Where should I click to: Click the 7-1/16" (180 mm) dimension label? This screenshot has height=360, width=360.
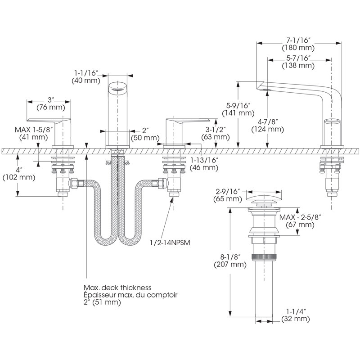[x=298, y=44]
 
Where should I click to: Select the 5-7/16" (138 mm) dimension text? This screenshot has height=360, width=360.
[x=298, y=62]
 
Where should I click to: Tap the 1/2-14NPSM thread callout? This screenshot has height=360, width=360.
[x=170, y=243]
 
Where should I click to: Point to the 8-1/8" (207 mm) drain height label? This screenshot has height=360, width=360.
[x=230, y=261]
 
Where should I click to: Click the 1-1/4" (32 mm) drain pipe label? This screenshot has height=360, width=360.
[x=296, y=315]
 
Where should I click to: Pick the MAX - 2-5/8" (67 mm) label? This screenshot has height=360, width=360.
[x=300, y=220]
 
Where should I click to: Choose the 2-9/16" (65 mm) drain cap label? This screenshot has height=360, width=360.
[x=228, y=195]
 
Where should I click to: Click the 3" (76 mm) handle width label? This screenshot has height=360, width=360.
[x=51, y=103]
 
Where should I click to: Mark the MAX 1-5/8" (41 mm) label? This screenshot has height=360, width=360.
[x=34, y=133]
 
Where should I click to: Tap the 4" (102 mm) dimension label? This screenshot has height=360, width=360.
[x=19, y=174]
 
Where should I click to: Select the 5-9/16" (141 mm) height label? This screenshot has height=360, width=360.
[x=238, y=109]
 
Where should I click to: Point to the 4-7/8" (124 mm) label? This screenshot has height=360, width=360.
[x=267, y=126]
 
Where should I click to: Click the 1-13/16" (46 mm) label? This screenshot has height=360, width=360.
[x=204, y=164]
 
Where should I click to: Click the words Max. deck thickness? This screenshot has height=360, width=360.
[x=117, y=288]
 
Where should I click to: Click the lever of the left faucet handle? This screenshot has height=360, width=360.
[x=49, y=120]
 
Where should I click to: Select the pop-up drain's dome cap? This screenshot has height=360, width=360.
[x=264, y=198]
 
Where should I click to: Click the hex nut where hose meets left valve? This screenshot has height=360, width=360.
[x=73, y=184]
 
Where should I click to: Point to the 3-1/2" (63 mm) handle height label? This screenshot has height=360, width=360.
[x=216, y=133]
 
